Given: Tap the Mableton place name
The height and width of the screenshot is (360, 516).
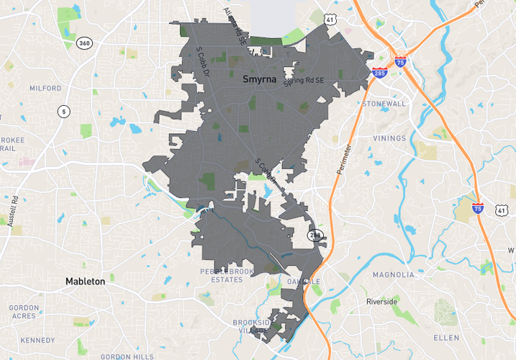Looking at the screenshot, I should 85,281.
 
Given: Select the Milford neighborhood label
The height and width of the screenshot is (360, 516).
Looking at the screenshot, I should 45,89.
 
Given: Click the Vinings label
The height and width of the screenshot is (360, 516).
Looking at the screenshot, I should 389,138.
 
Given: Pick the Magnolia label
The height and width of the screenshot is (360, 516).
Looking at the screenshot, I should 393,274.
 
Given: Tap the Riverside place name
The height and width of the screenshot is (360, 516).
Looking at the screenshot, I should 381,302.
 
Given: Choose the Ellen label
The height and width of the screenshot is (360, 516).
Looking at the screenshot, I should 446,337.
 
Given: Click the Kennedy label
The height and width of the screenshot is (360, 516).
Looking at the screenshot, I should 37,340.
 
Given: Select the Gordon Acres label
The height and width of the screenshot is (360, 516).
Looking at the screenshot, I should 24,312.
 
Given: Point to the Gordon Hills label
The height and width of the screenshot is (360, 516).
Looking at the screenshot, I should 127,356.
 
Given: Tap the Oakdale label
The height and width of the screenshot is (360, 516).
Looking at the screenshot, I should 302,281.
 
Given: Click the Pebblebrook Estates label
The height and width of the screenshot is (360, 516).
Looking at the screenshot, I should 227,275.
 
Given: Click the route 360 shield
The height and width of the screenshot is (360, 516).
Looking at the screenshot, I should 85,42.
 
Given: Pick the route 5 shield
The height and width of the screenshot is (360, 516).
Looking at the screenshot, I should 64,111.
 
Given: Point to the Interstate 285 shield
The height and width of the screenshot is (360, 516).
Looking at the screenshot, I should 379,73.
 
